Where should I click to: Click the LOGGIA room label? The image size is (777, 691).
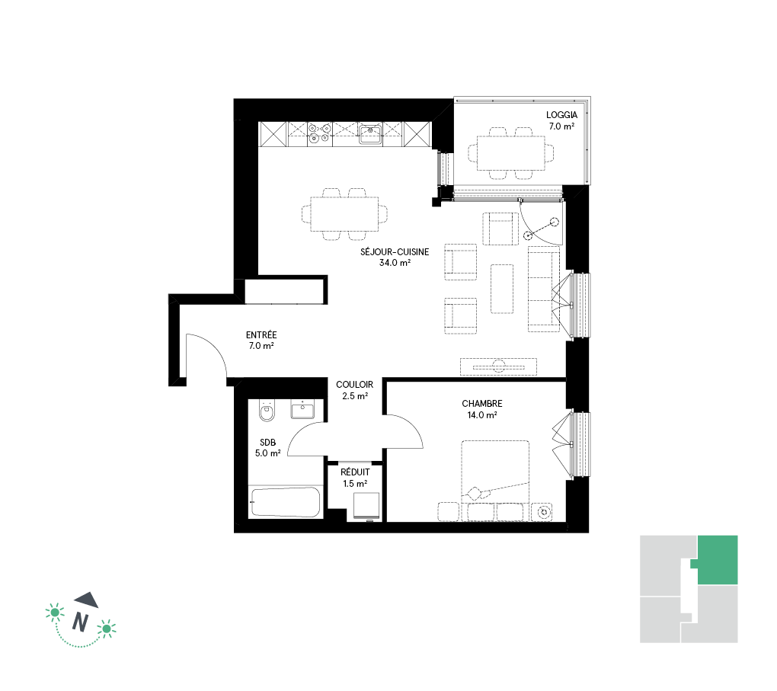coord(561,115)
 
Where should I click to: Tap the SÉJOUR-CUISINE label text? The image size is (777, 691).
coord(395,252)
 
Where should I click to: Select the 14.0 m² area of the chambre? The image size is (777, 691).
coord(482,415)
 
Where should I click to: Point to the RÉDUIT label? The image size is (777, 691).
coord(355,472)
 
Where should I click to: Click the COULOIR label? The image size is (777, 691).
coord(355,385)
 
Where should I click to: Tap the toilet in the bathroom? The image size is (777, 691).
coord(267,411)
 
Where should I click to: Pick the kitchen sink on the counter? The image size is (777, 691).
coord(370,134)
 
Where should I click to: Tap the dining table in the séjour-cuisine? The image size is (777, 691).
coord(344,214)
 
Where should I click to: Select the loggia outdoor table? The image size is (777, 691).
coord(511,153)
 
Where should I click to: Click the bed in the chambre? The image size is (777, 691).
coord(496,480)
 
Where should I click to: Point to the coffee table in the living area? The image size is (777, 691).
coord(502,289)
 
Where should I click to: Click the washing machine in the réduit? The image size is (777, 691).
coord(366,506)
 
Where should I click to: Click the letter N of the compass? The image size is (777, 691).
coord(80,622)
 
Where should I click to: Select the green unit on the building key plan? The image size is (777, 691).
coord(717,560)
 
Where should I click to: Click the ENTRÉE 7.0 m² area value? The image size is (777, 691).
coord(261,346)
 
